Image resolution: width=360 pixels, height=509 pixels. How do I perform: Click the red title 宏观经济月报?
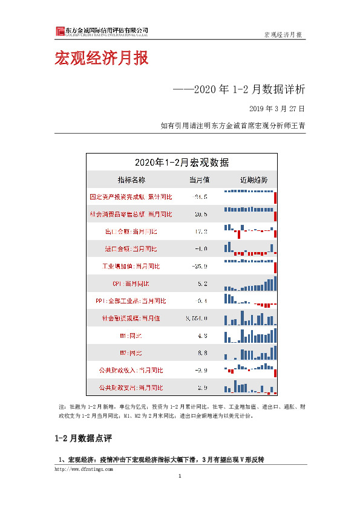pyautogui.click(x=101, y=59)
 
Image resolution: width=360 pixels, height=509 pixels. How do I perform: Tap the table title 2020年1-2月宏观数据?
pyautogui.click(x=182, y=162)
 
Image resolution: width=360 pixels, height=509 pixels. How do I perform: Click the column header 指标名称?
pyautogui.click(x=131, y=180)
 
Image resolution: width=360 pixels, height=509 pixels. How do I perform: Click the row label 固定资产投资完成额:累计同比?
pyautogui.click(x=131, y=197)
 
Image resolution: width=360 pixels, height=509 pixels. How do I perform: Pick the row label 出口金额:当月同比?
pyautogui.click(x=131, y=232)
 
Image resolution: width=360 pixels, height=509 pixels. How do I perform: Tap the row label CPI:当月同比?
pyautogui.click(x=131, y=284)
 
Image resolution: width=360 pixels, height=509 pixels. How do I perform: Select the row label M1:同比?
pyautogui.click(x=131, y=336)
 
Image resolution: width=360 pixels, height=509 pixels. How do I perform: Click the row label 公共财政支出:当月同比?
pyautogui.click(x=131, y=387)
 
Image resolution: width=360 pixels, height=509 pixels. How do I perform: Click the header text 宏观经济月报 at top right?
pyautogui.click(x=284, y=34)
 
